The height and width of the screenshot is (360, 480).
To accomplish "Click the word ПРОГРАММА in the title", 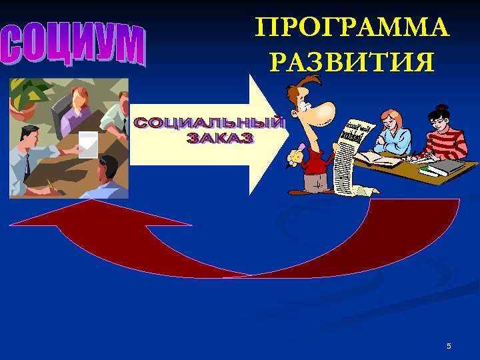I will pyautogui.click(x=352, y=29).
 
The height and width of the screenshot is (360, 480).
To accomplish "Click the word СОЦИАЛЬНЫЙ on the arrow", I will pyautogui.click(x=209, y=124).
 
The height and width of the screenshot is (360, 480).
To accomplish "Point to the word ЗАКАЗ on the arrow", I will pyautogui.click(x=220, y=139).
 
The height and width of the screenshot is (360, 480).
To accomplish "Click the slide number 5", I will pyautogui.click(x=449, y=346).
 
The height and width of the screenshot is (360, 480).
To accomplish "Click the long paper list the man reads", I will pyautogui.click(x=349, y=157).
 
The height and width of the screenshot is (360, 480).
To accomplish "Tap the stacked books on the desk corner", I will pyautogui.click(x=443, y=168).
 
